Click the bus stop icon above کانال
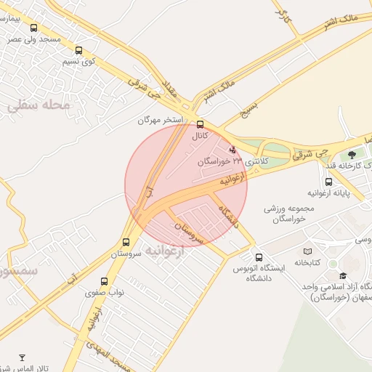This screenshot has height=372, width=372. (x=200, y=124)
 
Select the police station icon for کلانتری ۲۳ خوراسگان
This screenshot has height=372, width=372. (x=232, y=149)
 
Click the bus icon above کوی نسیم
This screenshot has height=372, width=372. (x=78, y=51)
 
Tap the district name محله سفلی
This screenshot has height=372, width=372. (x=41, y=105)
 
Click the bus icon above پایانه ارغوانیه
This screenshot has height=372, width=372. (x=328, y=181)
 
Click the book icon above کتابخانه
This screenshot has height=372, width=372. (x=307, y=251)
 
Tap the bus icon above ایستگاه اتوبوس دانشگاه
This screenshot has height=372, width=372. (x=259, y=257)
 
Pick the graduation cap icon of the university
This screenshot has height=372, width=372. (x=343, y=275)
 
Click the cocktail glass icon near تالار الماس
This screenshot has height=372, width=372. (x=22, y=357)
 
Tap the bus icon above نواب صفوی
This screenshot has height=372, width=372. (x=104, y=281)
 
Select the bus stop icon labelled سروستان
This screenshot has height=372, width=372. (x=126, y=243)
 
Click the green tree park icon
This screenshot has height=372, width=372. (x=352, y=154)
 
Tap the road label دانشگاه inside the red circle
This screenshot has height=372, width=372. (x=228, y=215)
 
